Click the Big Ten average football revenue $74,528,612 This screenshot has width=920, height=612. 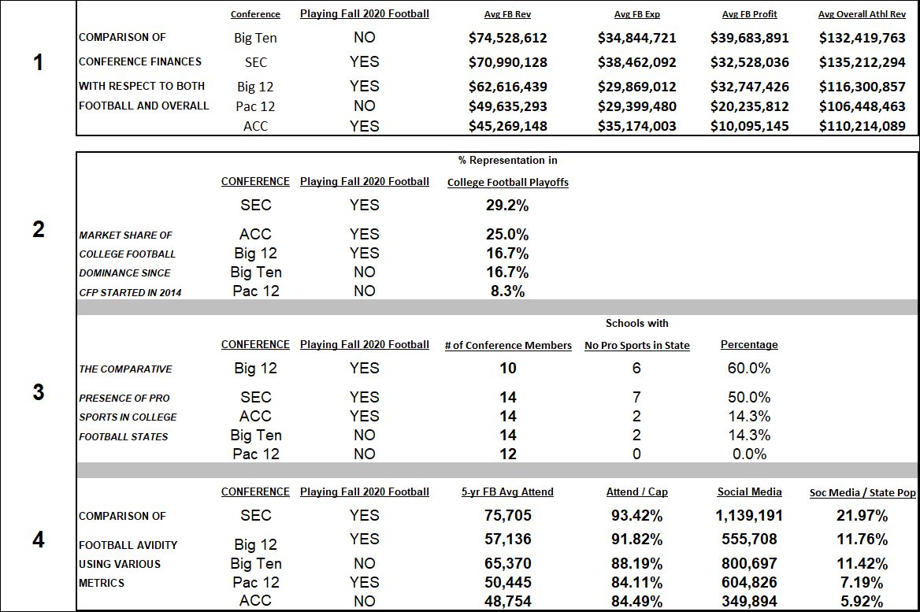click(507, 38)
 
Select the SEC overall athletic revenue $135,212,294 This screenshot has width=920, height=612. click(862, 62)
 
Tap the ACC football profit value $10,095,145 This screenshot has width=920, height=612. click(749, 126)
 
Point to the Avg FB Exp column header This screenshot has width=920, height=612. click(636, 14)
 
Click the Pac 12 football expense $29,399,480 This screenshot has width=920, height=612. click(636, 106)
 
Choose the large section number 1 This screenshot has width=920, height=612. click(38, 62)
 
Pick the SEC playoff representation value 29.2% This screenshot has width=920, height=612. click(507, 206)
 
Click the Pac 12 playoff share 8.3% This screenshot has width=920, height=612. click(507, 291)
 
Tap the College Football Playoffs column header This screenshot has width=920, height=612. click(507, 183)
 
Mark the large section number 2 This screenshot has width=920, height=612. click(38, 229)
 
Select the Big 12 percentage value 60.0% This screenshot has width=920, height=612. click(749, 368)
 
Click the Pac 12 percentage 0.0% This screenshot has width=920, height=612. click(749, 454)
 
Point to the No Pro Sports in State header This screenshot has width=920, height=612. click(636, 346)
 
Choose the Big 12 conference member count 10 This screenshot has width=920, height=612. click(507, 368)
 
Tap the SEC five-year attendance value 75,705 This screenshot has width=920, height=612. click(507, 515)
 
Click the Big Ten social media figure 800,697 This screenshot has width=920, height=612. click(749, 563)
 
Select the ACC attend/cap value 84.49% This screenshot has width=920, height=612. click(636, 602)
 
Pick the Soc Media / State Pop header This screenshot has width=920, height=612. click(862, 493)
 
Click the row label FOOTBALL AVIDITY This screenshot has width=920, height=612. click(128, 545)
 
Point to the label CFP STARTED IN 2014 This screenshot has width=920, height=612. click(130, 292)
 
